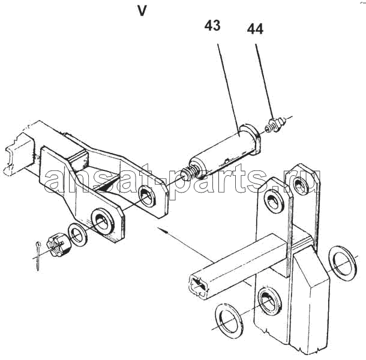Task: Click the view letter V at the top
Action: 142,11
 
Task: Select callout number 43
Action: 212,26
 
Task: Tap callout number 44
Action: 255,29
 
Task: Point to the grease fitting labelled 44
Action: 275,124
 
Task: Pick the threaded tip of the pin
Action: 190,173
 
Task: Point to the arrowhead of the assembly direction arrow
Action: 162,229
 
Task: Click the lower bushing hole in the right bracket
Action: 270,301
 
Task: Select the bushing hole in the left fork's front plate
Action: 103,221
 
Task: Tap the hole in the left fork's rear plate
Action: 147,196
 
